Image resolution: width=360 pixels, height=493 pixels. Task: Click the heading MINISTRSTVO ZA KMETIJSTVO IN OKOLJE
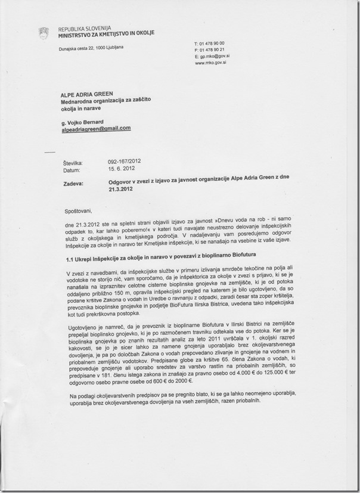106,33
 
